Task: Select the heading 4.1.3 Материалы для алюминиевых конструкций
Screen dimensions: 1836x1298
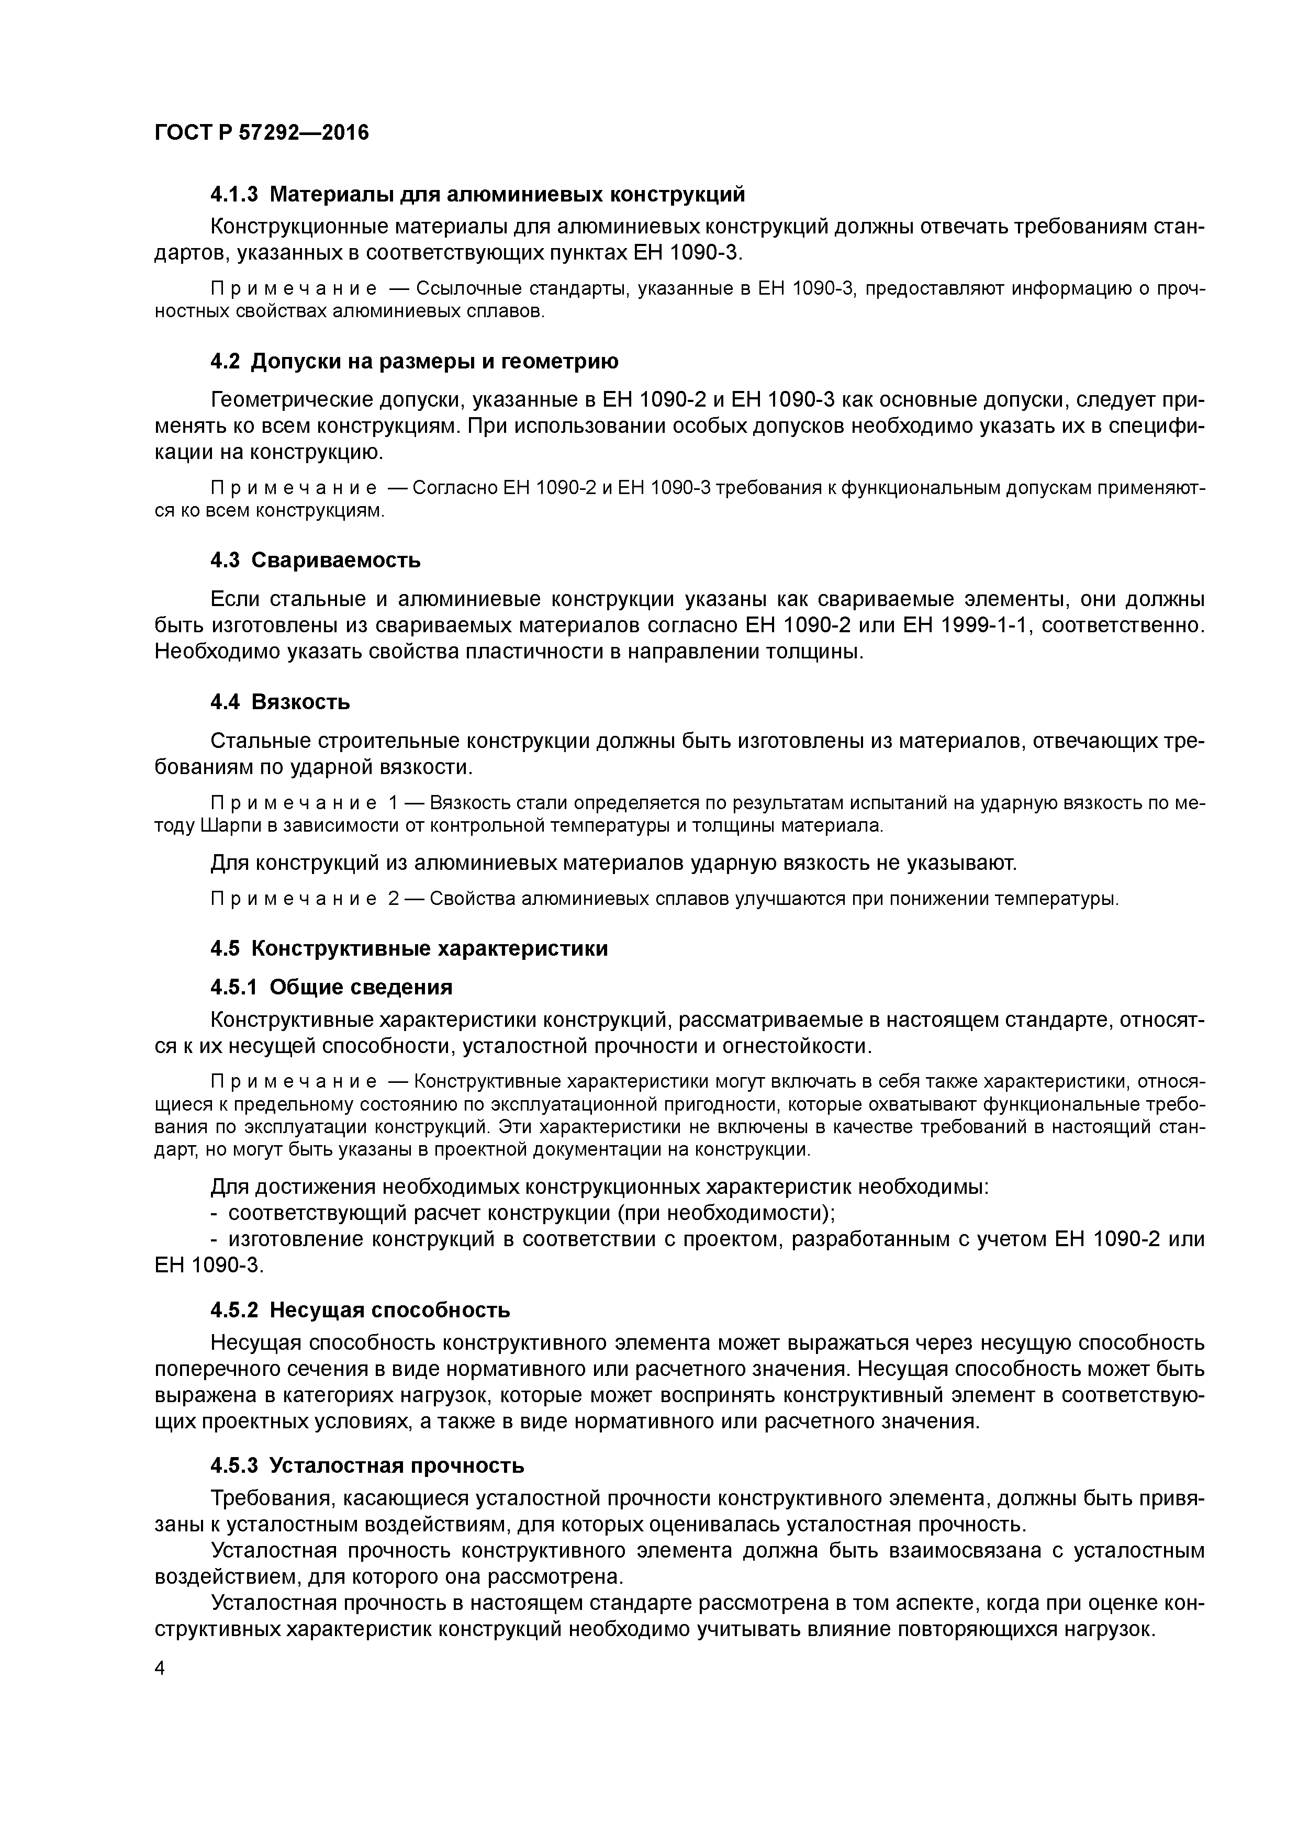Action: click(477, 194)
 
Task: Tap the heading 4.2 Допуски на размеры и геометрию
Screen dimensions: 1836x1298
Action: click(415, 362)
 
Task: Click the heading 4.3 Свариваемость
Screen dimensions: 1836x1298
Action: click(315, 560)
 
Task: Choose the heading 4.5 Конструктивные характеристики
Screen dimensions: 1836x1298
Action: click(409, 948)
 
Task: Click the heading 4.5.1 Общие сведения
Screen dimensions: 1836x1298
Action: click(331, 988)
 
